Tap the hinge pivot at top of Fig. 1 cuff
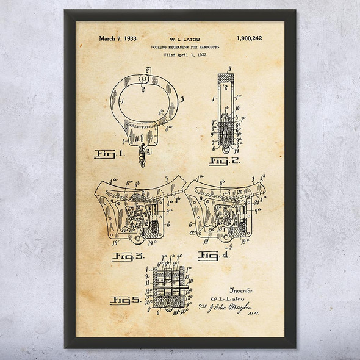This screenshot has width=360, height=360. click(x=144, y=78)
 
